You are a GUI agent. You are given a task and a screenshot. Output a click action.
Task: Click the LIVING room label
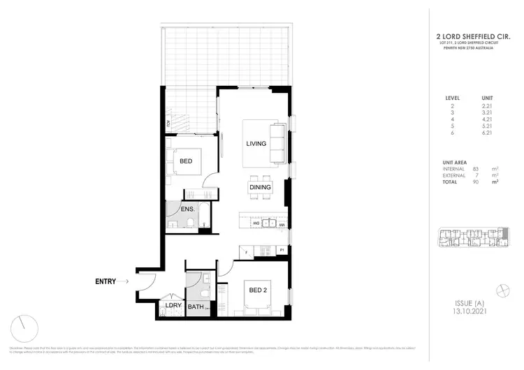(256, 144)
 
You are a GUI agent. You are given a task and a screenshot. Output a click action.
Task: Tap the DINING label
(259, 186)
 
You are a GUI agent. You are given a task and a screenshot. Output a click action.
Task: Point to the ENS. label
(187, 209)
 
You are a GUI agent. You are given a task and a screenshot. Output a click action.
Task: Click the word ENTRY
(109, 281)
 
